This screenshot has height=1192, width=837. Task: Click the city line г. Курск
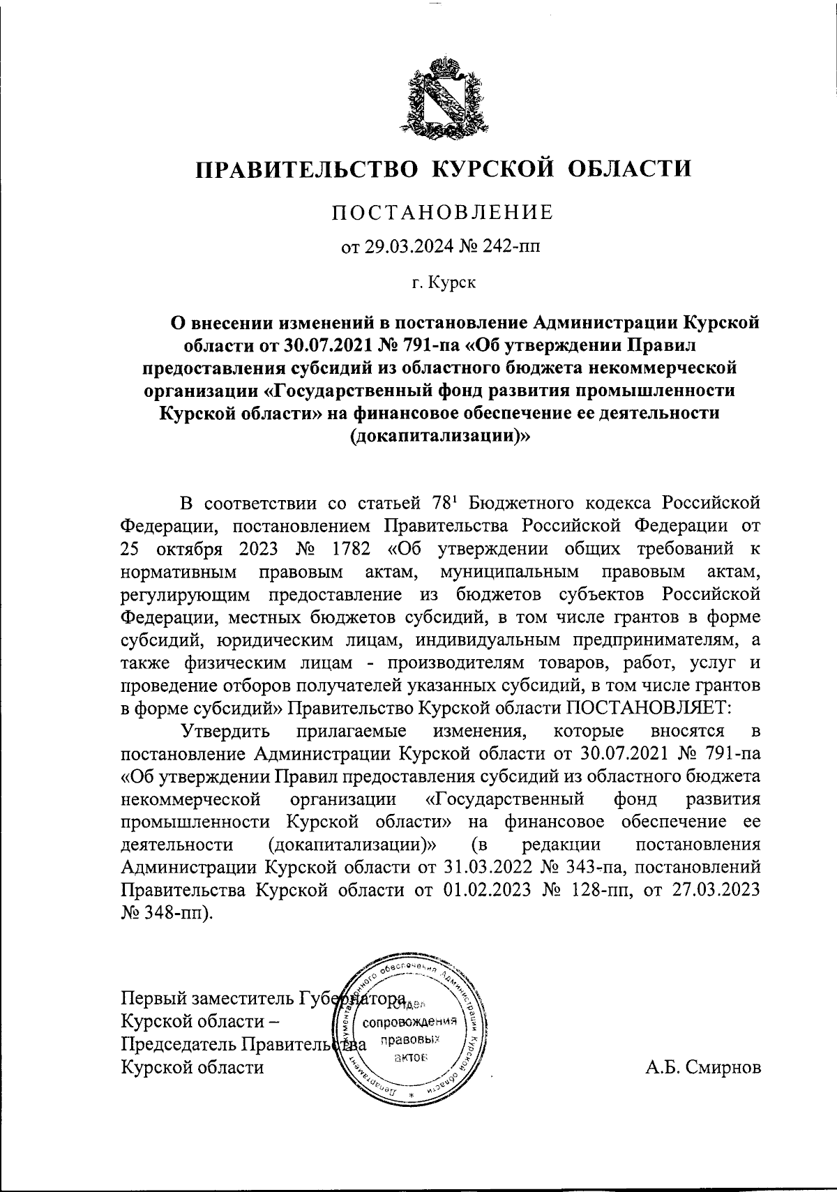[442, 282]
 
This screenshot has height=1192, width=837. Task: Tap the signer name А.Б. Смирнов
[703, 1067]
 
